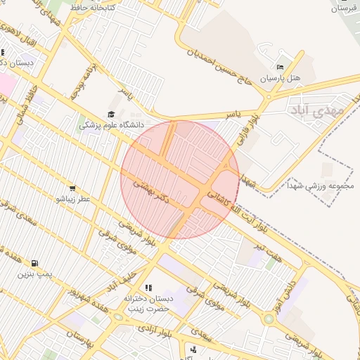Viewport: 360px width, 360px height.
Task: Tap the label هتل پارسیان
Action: pos(281,77)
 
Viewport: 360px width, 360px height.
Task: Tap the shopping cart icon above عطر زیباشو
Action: pos(72,188)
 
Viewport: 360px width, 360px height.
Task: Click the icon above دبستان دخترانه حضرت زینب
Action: pos(148,288)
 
